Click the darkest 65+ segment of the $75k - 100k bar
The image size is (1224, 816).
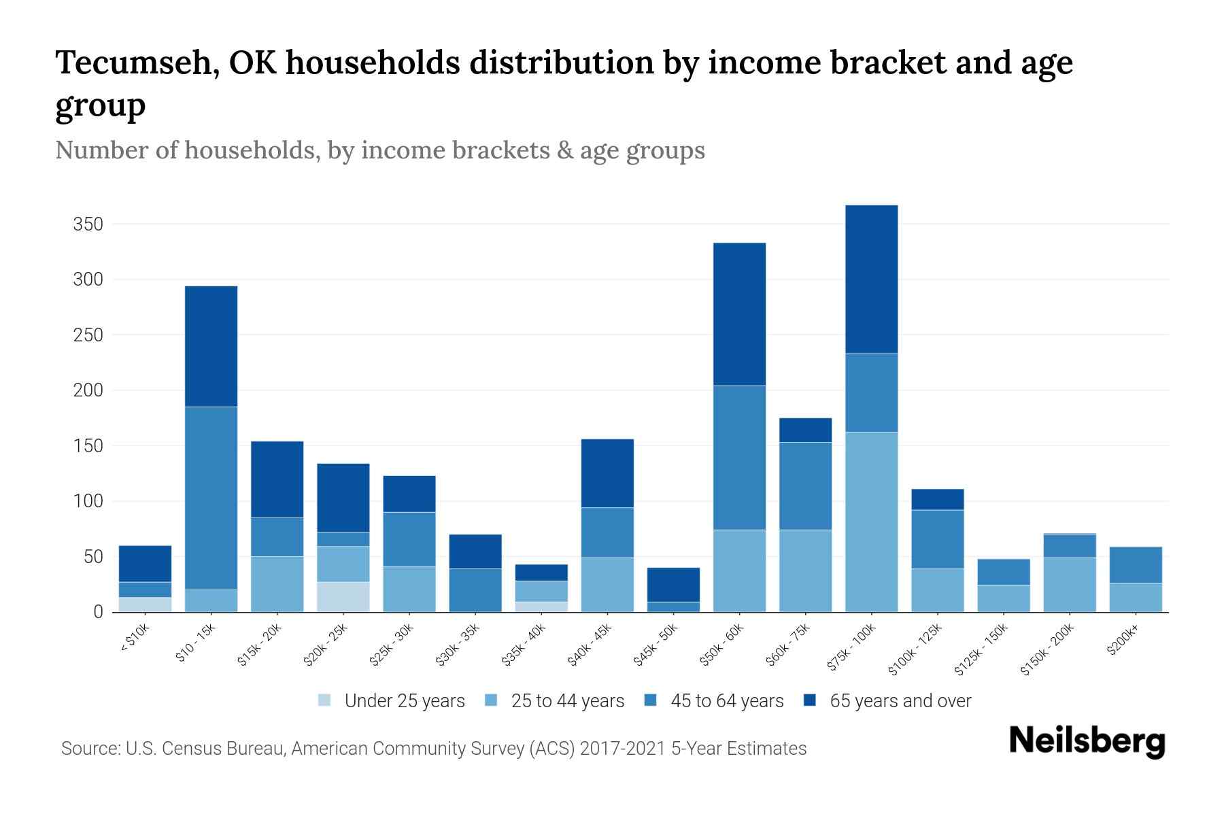pyautogui.click(x=871, y=279)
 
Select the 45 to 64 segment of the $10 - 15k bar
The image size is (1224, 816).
pyautogui.click(x=211, y=498)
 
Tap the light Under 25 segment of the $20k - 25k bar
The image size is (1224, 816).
pyautogui.click(x=343, y=596)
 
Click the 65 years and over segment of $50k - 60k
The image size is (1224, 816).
pyautogui.click(x=739, y=314)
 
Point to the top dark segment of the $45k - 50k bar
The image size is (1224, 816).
pyautogui.click(x=673, y=584)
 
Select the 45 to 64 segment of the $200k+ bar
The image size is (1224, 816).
pyautogui.click(x=1136, y=564)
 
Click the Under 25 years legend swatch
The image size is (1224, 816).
pyautogui.click(x=325, y=700)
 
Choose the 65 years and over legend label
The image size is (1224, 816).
pyautogui.click(x=900, y=700)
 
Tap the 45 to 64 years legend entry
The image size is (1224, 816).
pyautogui.click(x=726, y=700)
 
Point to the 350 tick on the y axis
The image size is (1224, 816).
pyautogui.click(x=88, y=224)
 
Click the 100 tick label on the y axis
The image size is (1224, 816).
pyautogui.click(x=88, y=502)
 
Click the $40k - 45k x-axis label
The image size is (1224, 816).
pyautogui.click(x=590, y=645)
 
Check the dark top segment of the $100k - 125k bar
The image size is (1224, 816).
pyautogui.click(x=937, y=499)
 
